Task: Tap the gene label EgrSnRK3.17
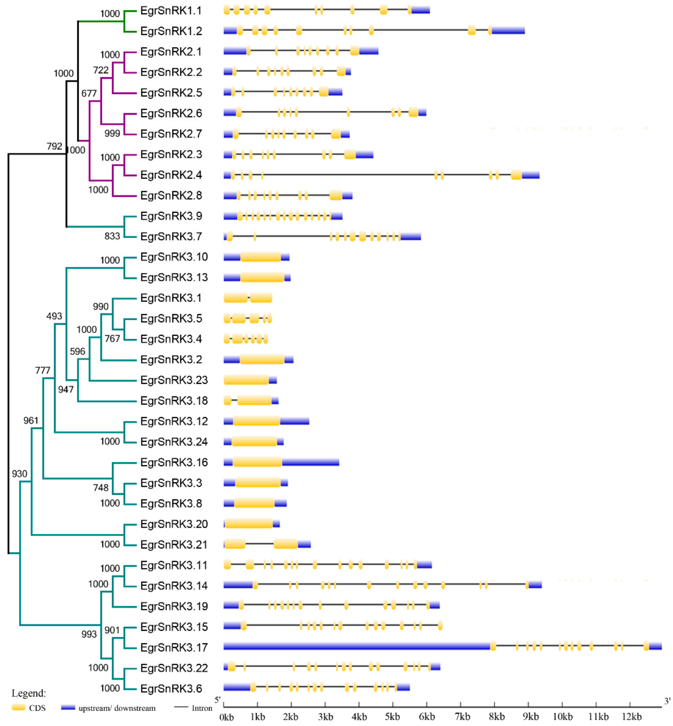pos(173,647)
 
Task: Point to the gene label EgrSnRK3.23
pos(173,380)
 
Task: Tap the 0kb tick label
pos(227,717)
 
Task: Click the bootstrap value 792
pos(54,146)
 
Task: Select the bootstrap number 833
pos(112,236)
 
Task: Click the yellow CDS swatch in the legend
pos(18,707)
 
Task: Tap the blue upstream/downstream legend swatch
pos(68,707)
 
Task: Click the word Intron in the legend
pos(202,708)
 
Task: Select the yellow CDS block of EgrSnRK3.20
pos(249,524)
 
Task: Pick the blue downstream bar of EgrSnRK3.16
pos(310,462)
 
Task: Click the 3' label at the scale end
pos(667,701)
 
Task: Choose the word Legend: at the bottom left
pos(29,693)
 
